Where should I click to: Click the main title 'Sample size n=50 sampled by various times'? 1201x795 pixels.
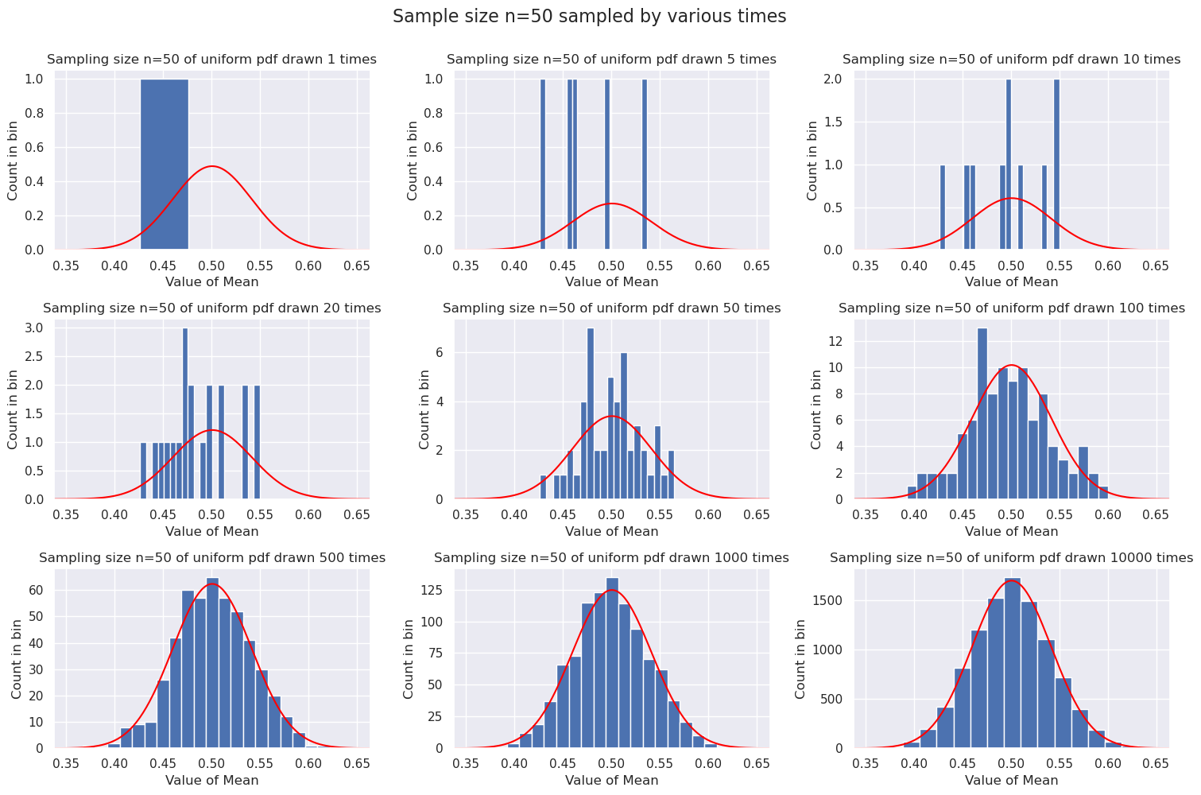coord(589,17)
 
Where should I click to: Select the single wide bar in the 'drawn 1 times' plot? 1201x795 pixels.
coord(165,165)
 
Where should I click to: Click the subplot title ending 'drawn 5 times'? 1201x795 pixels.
coord(611,60)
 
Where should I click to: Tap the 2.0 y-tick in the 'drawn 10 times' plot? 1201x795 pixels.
coord(837,79)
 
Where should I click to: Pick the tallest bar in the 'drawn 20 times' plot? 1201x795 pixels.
coord(185,413)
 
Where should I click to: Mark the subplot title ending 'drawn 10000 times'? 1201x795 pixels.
coord(1011,558)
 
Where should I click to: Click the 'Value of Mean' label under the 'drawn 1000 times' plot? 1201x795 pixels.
coord(611,781)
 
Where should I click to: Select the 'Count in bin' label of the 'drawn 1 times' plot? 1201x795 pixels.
coord(14,161)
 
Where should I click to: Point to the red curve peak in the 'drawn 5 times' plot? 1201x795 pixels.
coord(611,204)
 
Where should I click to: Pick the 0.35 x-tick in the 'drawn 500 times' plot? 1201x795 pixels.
coord(68,764)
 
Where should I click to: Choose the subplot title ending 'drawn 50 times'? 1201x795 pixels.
coord(611,308)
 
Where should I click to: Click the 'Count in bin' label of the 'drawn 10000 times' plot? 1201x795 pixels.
coord(801,659)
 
